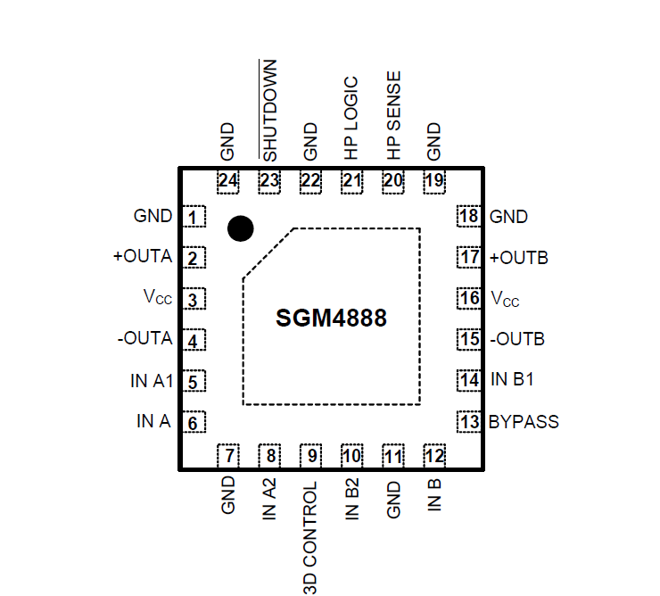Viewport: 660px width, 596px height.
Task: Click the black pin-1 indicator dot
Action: (240, 228)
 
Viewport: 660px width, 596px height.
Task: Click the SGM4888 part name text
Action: (331, 318)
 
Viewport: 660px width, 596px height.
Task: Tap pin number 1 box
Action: (194, 217)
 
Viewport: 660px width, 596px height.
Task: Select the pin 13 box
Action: (469, 421)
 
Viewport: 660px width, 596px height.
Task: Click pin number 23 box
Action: (269, 181)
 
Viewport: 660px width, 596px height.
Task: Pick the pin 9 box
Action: (310, 456)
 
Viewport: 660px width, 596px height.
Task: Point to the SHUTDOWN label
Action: (270, 110)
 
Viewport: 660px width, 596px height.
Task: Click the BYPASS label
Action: (524, 421)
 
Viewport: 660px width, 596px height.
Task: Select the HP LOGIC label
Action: (351, 114)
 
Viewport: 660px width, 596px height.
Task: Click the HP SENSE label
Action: (393, 115)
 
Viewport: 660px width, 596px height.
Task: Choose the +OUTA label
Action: (143, 257)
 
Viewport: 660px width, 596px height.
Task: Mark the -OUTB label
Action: (517, 339)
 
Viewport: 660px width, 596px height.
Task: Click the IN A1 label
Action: (151, 381)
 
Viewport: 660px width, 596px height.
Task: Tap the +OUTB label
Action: (519, 258)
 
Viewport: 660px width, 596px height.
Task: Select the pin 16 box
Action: (469, 298)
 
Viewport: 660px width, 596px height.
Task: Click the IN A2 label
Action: (269, 500)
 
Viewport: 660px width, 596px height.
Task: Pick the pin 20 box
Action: (393, 181)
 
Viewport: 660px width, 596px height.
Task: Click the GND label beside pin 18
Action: (508, 217)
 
